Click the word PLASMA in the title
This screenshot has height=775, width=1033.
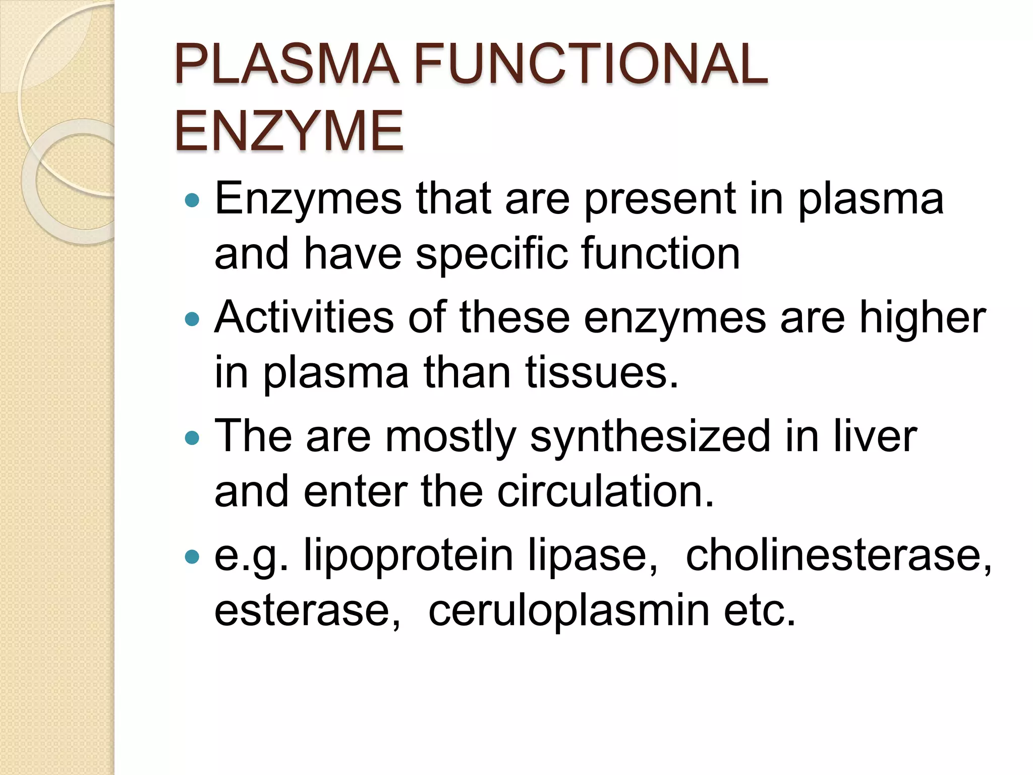[286, 65]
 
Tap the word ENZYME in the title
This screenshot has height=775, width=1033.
[289, 131]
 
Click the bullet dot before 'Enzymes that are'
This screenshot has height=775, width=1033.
[192, 201]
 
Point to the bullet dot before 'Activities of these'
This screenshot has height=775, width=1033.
[192, 319]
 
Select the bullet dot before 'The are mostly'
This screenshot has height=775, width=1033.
[192, 437]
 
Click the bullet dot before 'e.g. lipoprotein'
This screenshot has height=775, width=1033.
[192, 557]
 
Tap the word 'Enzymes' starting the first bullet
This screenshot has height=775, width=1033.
[308, 200]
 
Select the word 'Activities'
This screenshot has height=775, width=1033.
[304, 318]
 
